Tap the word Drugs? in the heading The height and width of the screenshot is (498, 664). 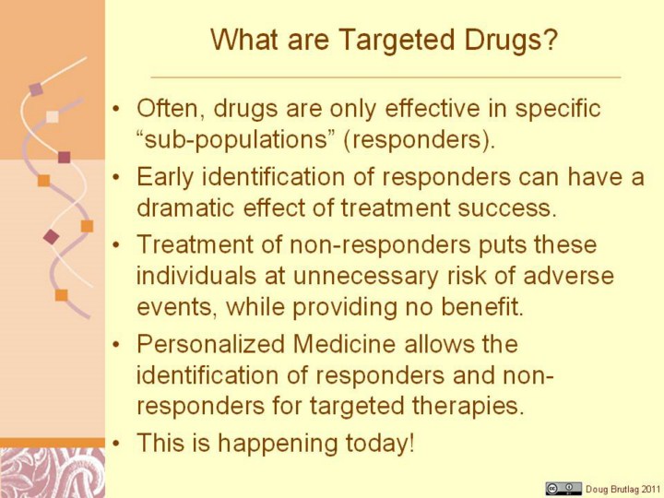pyautogui.click(x=510, y=40)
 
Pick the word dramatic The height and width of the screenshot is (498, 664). pyautogui.click(x=185, y=207)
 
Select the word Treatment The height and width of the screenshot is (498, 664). pyautogui.click(x=194, y=244)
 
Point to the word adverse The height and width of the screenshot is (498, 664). pyautogui.click(x=569, y=276)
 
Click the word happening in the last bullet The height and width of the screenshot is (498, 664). pyautogui.click(x=279, y=444)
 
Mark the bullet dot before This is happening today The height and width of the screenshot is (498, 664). pyautogui.click(x=116, y=443)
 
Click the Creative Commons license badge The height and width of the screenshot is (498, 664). pyautogui.click(x=563, y=488)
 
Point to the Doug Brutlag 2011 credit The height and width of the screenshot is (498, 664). pyautogui.click(x=622, y=489)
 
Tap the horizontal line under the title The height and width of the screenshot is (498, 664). pyautogui.click(x=385, y=77)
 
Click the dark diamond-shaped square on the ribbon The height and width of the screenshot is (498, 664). pyautogui.click(x=52, y=237)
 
